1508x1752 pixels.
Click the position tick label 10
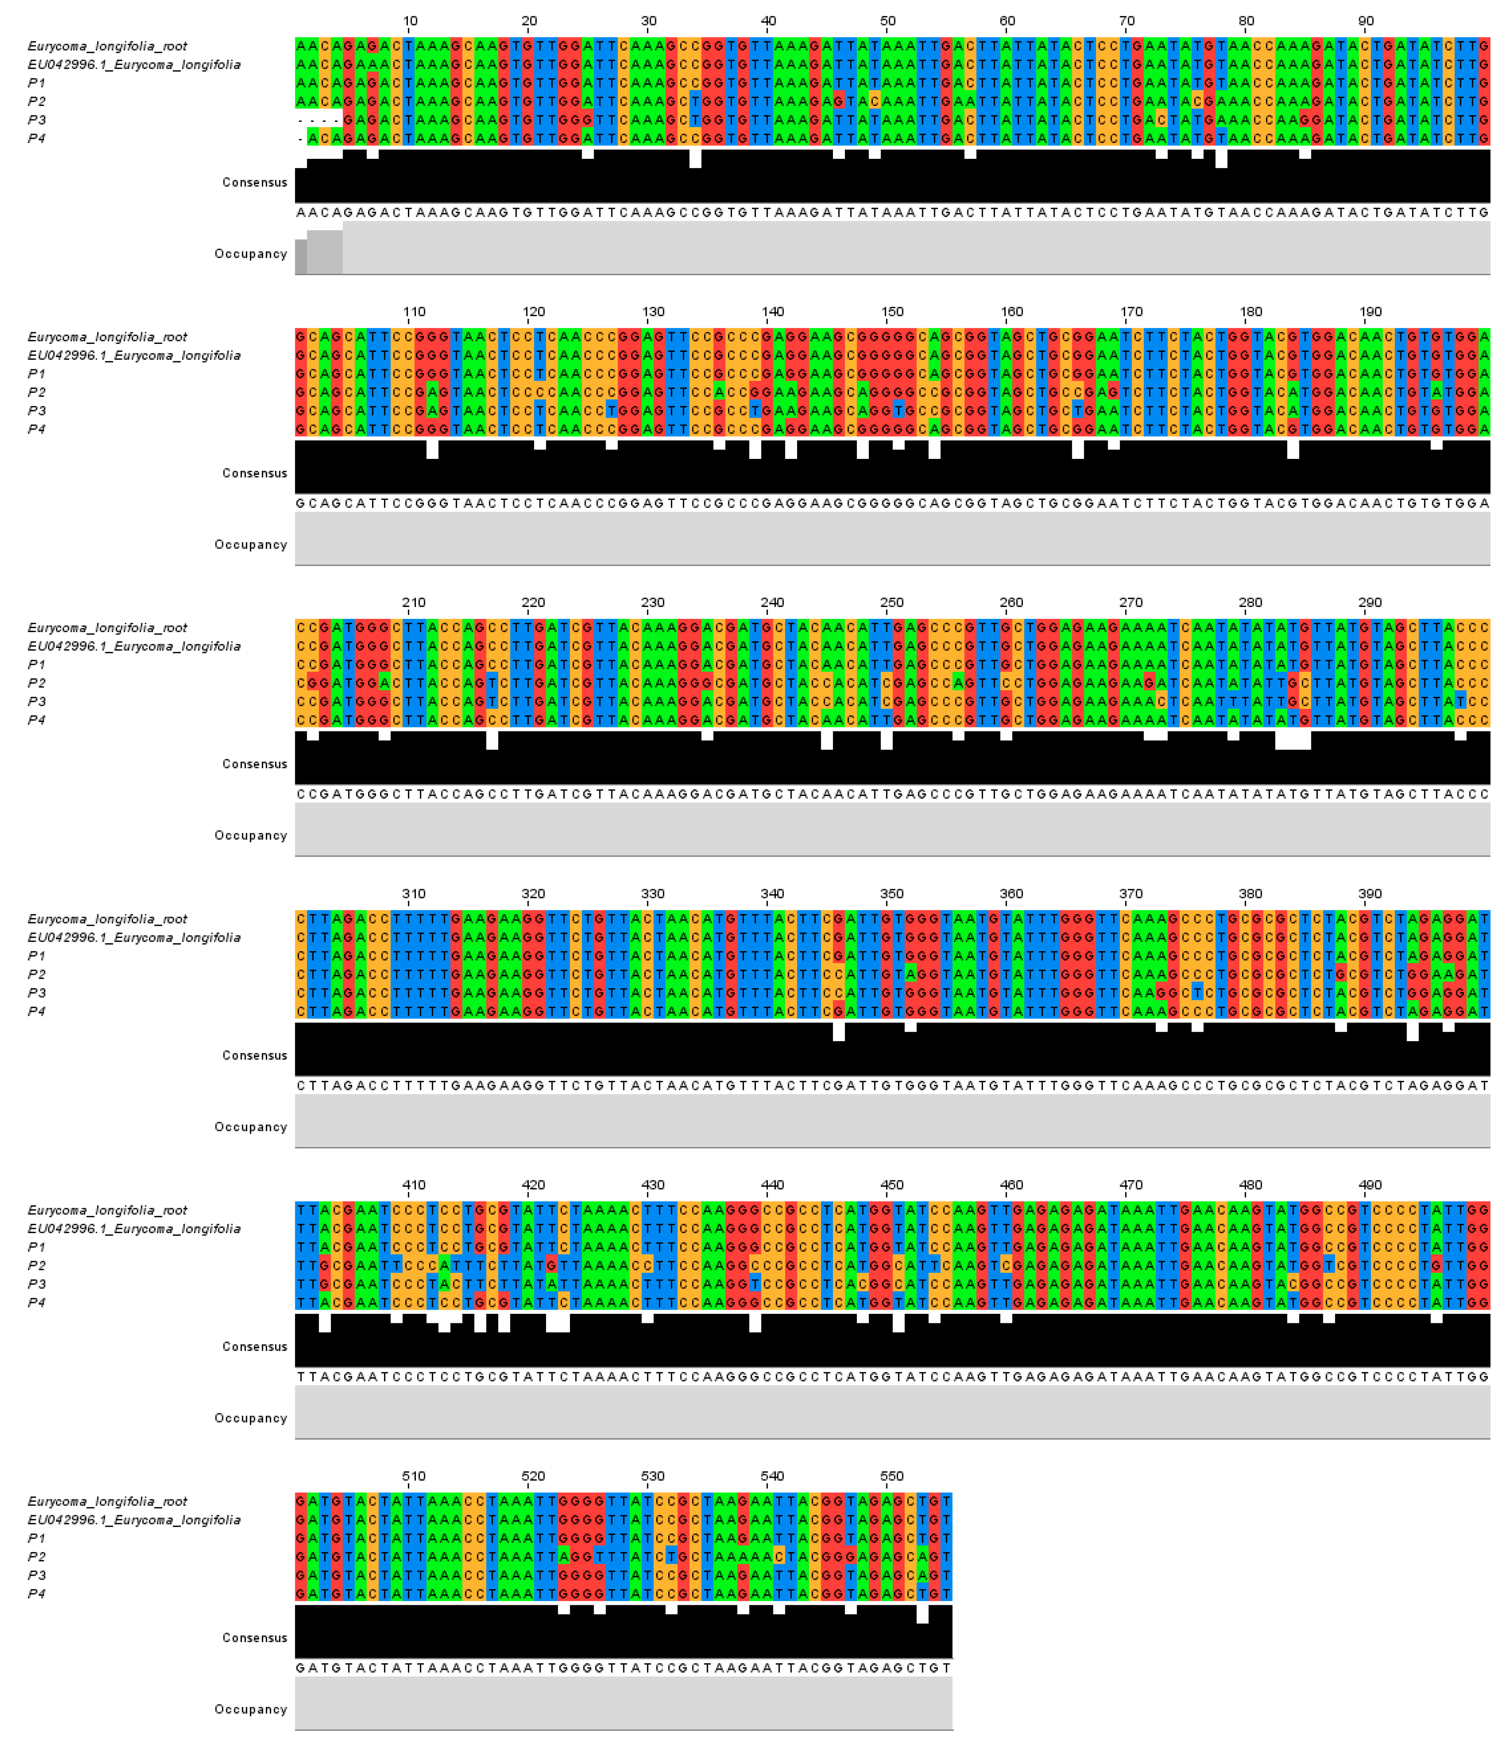[x=410, y=21]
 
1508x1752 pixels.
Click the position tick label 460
[x=1012, y=1186]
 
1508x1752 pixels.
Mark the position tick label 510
[x=414, y=1476]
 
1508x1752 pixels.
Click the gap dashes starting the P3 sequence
[x=319, y=120]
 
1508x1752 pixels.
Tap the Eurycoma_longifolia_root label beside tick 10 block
[x=107, y=47]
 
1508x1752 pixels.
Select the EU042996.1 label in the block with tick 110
[x=134, y=356]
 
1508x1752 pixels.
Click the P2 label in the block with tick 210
[x=36, y=683]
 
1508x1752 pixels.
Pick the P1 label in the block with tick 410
[x=36, y=1247]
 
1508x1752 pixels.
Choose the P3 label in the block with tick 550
[x=36, y=1575]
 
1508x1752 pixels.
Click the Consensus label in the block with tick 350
[x=255, y=1055]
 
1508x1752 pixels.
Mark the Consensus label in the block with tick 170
[x=255, y=474]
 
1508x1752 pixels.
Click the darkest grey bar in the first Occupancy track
[x=300, y=257]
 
